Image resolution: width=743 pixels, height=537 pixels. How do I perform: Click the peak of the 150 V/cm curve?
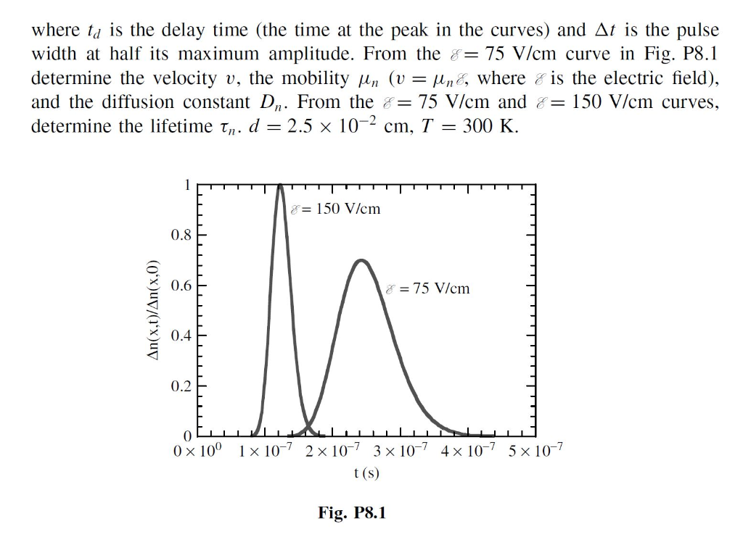[x=280, y=186]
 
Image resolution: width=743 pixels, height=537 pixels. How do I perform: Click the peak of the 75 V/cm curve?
[x=361, y=261]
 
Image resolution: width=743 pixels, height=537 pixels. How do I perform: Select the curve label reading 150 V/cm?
[x=336, y=209]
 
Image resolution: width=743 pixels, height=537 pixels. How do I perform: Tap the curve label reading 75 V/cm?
[x=428, y=288]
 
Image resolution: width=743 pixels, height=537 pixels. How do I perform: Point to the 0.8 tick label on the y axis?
[x=181, y=235]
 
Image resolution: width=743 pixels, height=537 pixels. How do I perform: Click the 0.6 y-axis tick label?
[x=181, y=286]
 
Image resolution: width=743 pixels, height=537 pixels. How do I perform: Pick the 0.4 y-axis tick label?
[x=181, y=336]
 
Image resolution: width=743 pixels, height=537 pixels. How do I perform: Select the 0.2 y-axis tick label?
[x=181, y=386]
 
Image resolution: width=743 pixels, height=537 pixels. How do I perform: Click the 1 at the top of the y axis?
[x=188, y=185]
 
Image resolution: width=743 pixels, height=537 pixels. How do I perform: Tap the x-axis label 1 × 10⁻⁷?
[x=266, y=449]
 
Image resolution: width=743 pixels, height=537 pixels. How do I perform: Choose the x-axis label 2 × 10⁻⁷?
[x=332, y=449]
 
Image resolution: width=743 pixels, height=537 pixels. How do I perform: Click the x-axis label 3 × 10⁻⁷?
[x=401, y=449]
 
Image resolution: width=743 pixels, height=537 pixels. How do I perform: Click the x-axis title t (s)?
[x=366, y=473]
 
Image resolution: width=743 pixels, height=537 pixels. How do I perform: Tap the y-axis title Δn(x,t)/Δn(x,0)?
[x=152, y=310]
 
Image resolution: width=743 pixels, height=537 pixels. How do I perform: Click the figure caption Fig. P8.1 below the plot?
[x=352, y=512]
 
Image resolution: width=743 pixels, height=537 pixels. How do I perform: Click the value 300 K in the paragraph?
[x=490, y=126]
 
